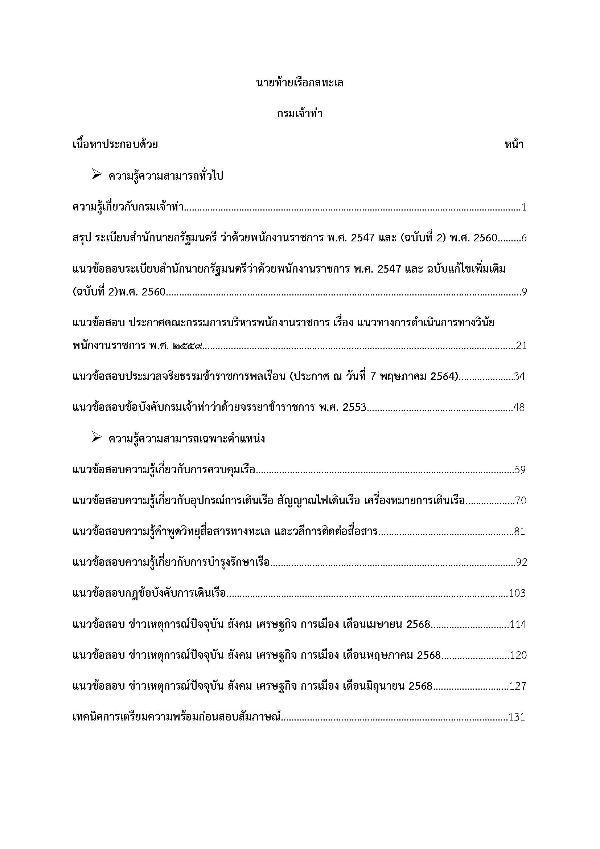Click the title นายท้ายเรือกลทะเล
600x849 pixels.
[x=300, y=83]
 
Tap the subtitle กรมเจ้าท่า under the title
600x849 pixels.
[x=300, y=114]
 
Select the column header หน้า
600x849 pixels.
[x=514, y=144]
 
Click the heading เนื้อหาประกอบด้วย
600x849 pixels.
[x=115, y=144]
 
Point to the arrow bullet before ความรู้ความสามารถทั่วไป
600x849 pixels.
[x=96, y=175]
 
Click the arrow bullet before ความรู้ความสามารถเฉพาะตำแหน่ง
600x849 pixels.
[x=96, y=438]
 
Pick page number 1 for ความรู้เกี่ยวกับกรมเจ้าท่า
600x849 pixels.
[x=524, y=207]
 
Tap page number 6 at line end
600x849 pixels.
[x=523, y=238]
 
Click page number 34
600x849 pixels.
[x=519, y=377]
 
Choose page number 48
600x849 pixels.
[x=519, y=408]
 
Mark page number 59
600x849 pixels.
[x=520, y=470]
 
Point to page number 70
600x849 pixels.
[x=521, y=501]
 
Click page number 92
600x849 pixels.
[x=521, y=563]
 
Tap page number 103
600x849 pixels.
[x=517, y=593]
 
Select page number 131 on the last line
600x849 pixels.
[x=517, y=717]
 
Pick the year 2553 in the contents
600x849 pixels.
[x=354, y=408]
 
